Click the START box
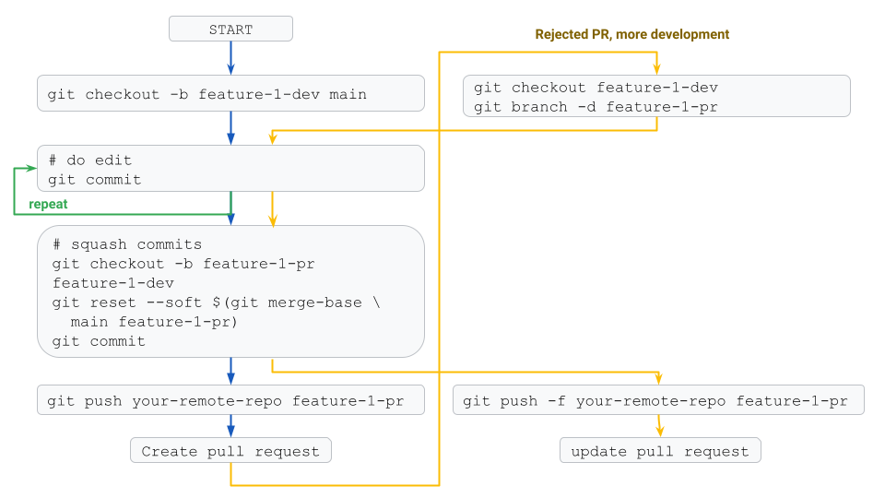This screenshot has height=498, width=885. coord(230,30)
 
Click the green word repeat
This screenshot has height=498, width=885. coord(48,204)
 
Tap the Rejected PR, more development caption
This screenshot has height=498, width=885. coord(631,34)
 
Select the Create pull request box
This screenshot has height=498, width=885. coord(230,451)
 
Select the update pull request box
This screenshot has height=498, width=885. coord(660,451)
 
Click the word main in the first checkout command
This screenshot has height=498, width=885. coord(347,94)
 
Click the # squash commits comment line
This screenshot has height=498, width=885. coord(127,244)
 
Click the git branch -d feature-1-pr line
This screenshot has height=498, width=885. coord(596,107)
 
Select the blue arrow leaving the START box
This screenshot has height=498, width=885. coord(230,58)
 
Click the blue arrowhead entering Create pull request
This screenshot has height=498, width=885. coord(230,432)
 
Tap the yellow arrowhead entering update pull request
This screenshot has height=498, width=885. coord(659,432)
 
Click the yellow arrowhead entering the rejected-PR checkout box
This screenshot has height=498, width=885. coord(656,68)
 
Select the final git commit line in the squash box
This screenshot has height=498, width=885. coord(99,341)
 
